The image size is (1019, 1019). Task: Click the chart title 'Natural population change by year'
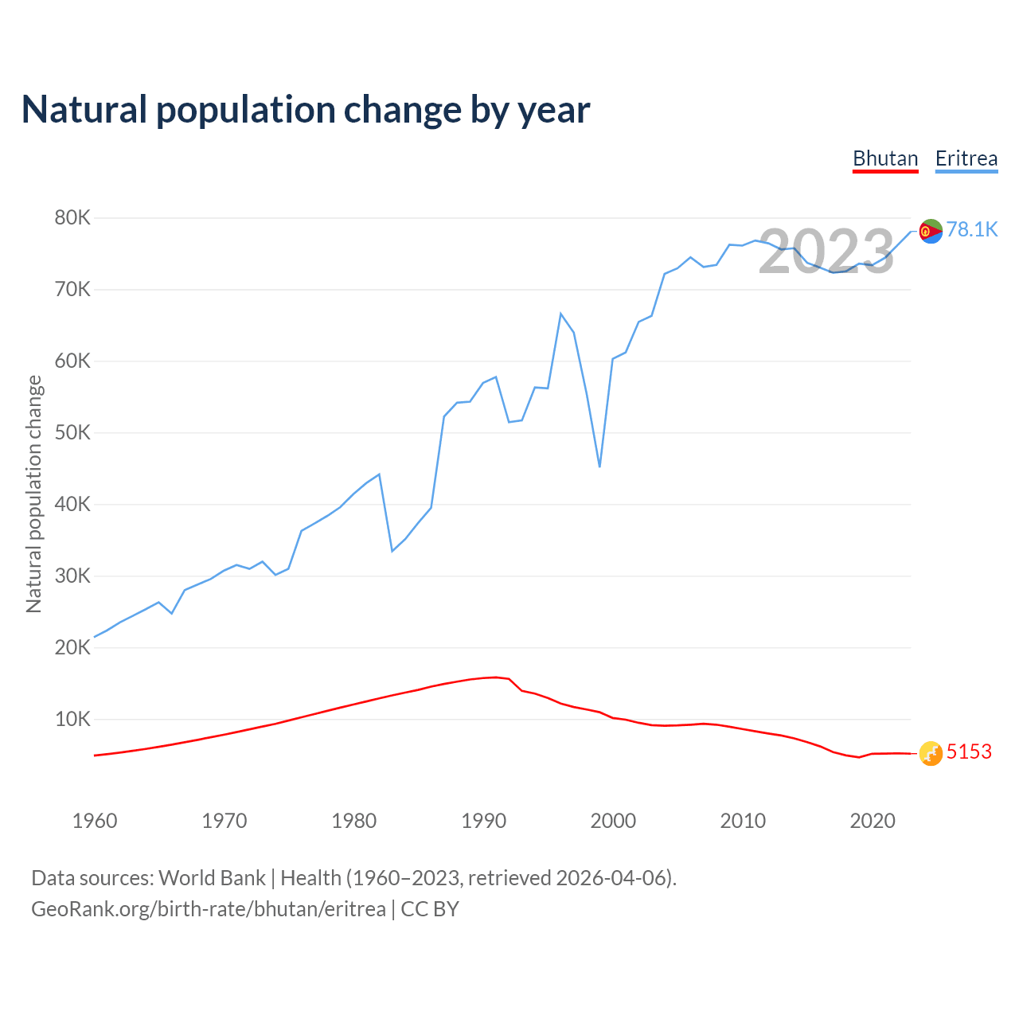(x=306, y=110)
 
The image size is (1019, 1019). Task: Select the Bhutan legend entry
(x=885, y=158)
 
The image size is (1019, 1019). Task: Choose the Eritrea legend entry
(x=966, y=158)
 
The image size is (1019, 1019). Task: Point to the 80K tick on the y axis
(x=73, y=217)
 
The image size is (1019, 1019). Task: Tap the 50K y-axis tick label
(x=73, y=432)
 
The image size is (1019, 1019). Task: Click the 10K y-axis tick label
(x=73, y=719)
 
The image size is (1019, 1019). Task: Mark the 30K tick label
(x=73, y=576)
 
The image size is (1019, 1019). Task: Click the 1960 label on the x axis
(x=95, y=821)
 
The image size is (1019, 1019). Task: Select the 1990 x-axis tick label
(x=484, y=821)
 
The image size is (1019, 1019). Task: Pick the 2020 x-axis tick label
(x=873, y=821)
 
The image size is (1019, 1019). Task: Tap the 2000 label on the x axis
(x=613, y=821)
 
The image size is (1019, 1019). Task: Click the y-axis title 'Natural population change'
(x=33, y=494)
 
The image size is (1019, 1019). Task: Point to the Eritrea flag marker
(x=931, y=231)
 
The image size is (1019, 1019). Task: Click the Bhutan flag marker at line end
(x=931, y=753)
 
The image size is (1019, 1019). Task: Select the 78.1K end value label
(x=972, y=229)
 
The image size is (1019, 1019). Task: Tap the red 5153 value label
(x=969, y=752)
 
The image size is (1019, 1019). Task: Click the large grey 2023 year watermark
(x=826, y=252)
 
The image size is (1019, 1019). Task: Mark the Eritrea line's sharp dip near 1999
(x=599, y=466)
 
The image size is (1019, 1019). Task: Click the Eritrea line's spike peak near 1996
(x=560, y=314)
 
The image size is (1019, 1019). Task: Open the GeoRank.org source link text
(x=209, y=909)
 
